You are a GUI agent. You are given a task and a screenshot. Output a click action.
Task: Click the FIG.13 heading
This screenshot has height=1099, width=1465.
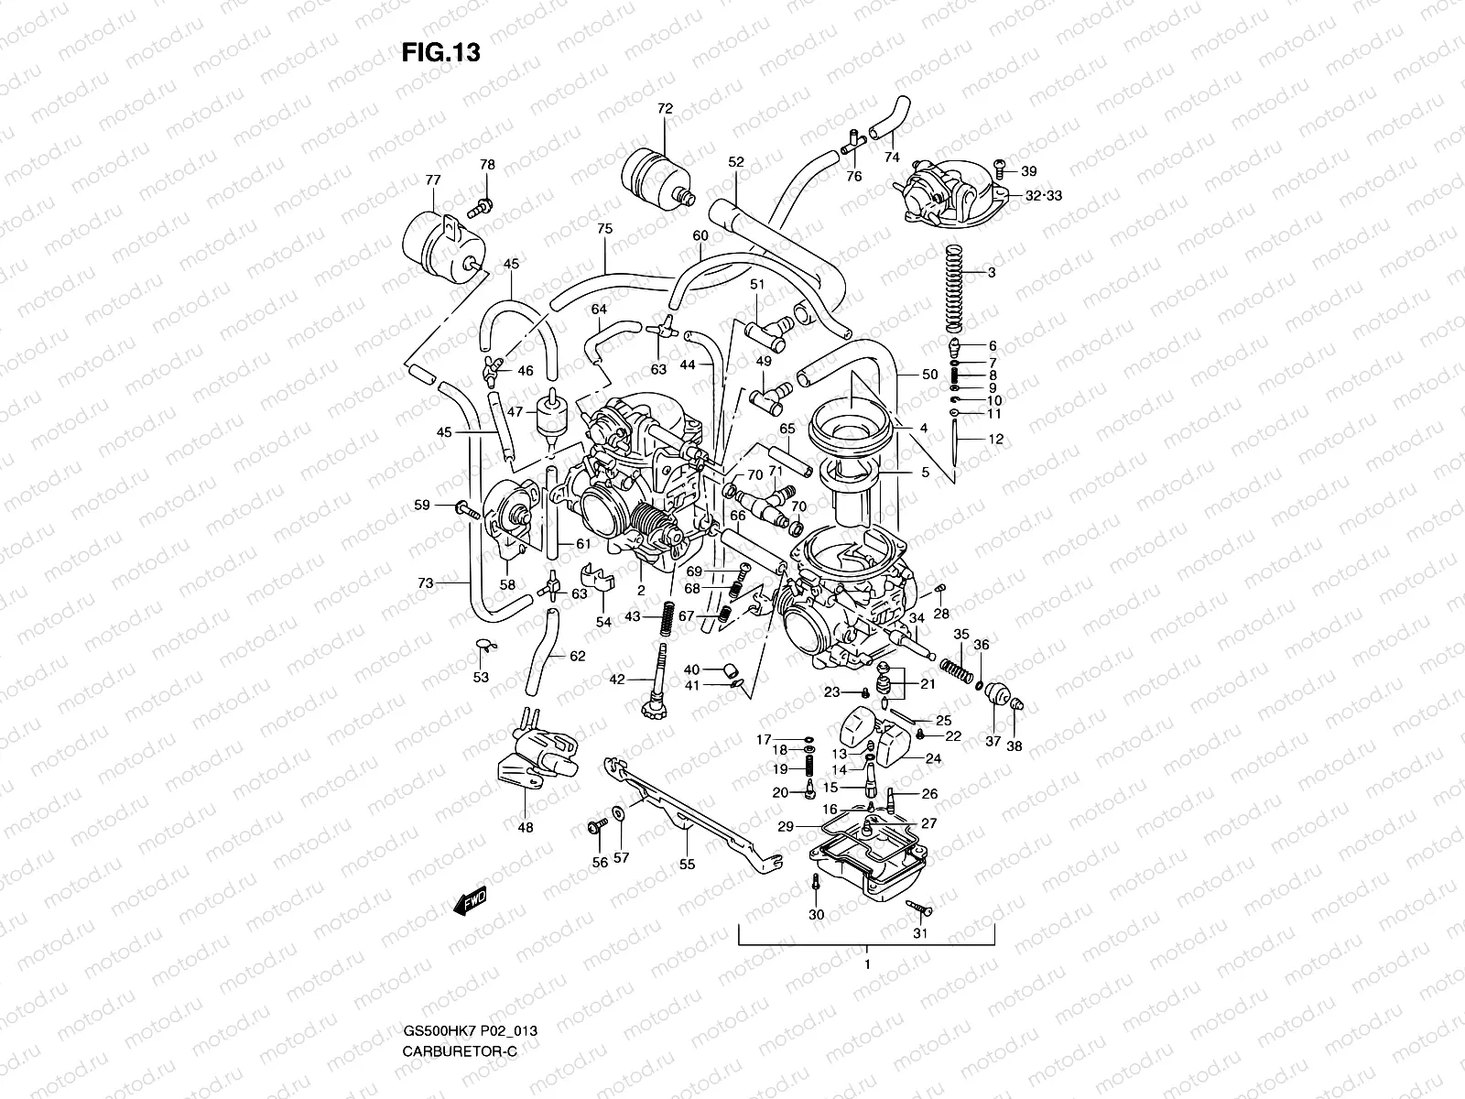coord(440,53)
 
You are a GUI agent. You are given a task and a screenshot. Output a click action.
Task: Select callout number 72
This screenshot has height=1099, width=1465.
coord(665,108)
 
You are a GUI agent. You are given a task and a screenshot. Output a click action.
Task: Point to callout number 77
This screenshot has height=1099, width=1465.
coord(433,180)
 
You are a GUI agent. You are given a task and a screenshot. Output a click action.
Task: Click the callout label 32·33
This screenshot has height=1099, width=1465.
coord(1018,196)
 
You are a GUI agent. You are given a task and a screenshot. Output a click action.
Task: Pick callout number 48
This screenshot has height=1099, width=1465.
coord(525,828)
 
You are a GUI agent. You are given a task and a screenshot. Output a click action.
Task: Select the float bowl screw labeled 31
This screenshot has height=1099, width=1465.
coord(918,907)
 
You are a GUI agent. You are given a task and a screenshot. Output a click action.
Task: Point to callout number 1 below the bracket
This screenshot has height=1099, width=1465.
coord(866,964)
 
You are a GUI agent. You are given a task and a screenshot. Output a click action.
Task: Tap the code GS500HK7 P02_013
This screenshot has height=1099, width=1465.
coord(470,1030)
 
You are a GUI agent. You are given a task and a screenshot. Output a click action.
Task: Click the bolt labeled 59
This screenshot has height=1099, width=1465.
coord(466,508)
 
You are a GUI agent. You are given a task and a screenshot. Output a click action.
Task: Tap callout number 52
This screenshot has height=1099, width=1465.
coord(736,162)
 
